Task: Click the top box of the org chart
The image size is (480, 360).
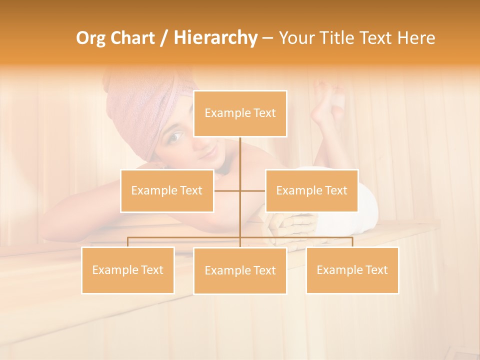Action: tap(240, 113)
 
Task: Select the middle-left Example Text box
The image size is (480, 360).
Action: tap(167, 190)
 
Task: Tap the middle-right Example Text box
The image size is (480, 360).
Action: tap(311, 190)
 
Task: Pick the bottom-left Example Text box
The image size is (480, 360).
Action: tap(127, 270)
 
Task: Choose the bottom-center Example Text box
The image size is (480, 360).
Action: tap(240, 270)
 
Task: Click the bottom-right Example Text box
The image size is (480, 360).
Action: tap(352, 270)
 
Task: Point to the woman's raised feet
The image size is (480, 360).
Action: tap(327, 102)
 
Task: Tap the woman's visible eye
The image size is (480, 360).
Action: tap(176, 136)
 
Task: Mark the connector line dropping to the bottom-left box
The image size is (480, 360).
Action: tap(127, 242)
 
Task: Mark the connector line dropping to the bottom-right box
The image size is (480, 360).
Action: tap(352, 242)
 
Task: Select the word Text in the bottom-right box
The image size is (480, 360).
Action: tap(375, 270)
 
